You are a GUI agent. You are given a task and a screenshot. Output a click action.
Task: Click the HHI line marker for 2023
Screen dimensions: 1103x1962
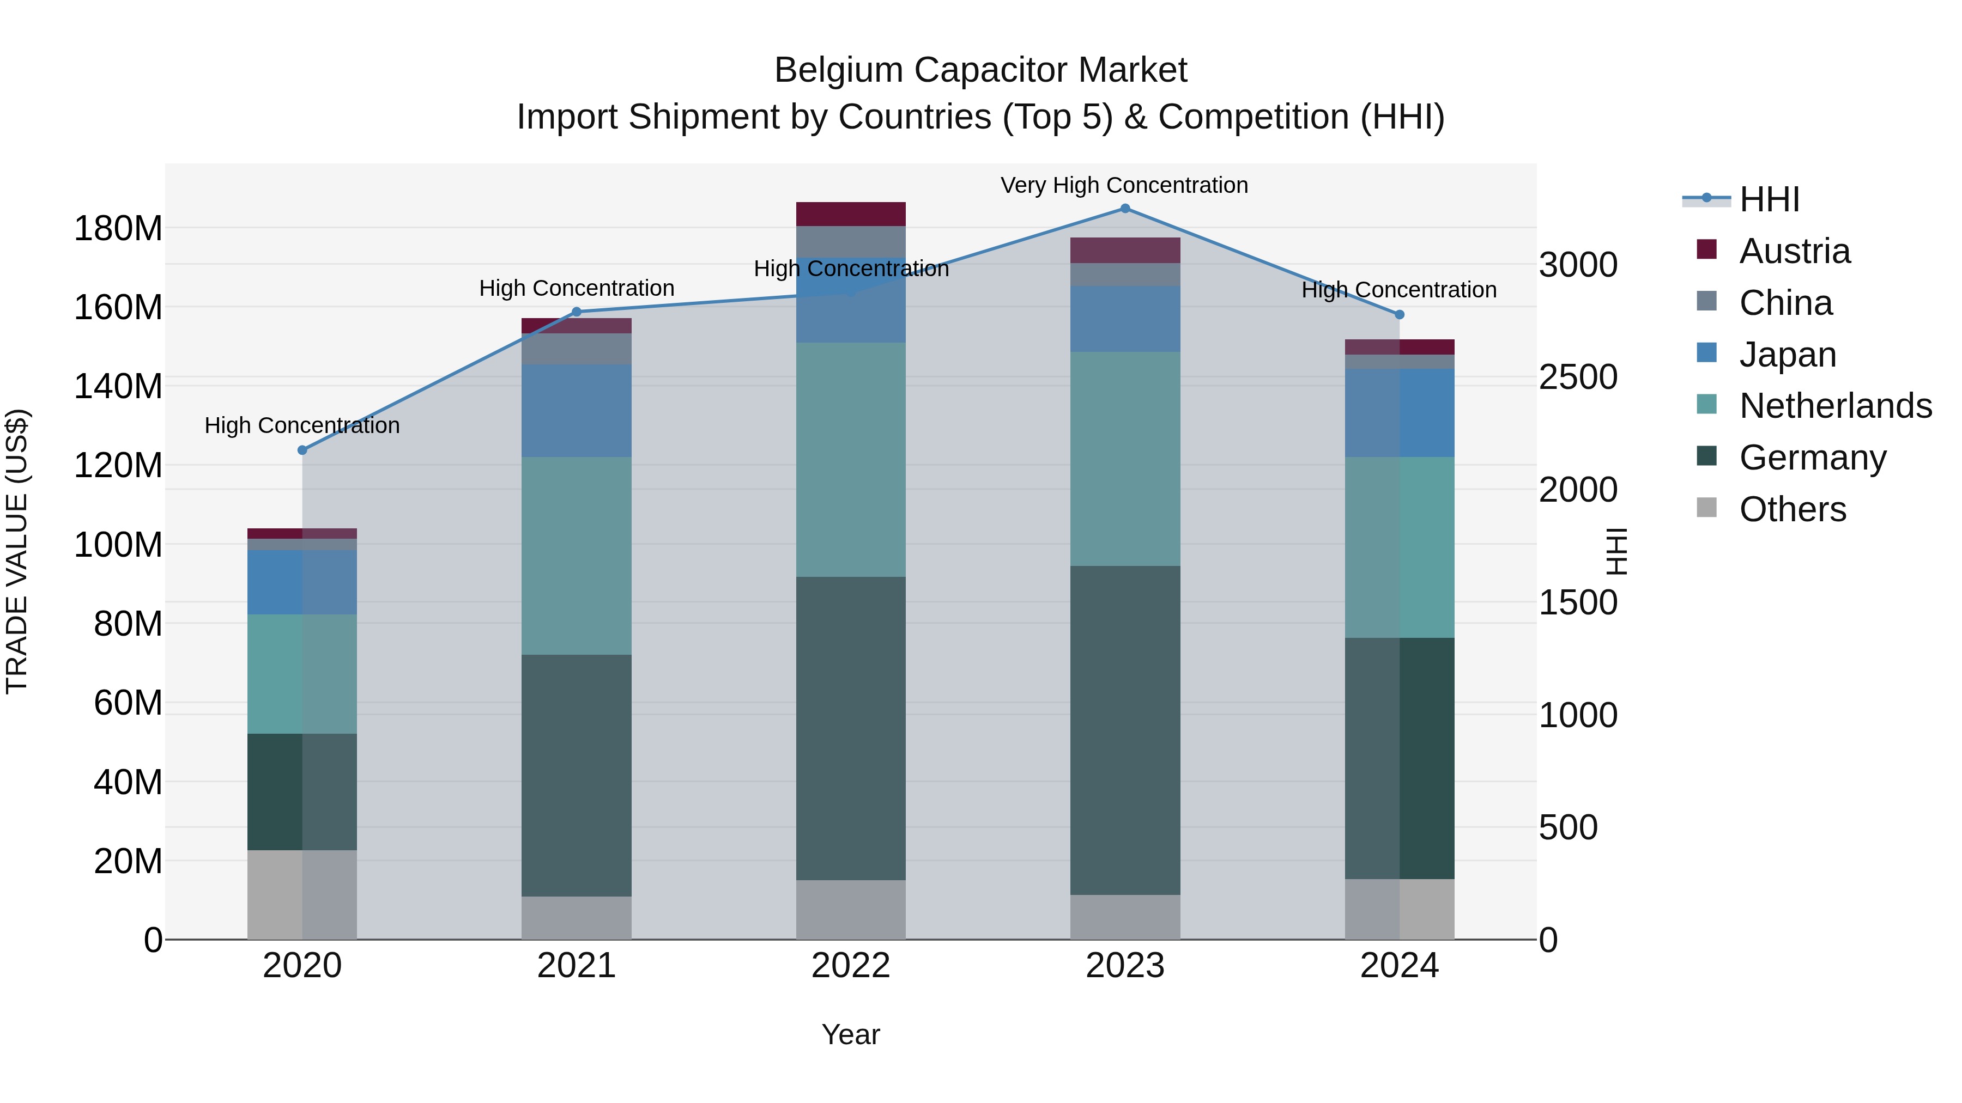point(1125,209)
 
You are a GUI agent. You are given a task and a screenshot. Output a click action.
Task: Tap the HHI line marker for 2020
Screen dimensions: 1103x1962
point(302,450)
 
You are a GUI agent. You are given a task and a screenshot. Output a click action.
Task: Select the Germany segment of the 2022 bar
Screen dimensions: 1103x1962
point(851,728)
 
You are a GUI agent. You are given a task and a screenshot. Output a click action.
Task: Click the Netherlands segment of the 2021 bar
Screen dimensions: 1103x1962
point(577,556)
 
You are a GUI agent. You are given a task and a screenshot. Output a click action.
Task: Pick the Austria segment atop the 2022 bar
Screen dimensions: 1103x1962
point(851,214)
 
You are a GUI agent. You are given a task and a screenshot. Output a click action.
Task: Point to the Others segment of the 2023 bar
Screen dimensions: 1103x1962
point(1125,917)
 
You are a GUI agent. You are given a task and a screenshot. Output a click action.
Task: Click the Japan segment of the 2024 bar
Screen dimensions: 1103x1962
point(1399,412)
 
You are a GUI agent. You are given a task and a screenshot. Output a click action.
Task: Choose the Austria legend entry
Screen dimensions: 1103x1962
point(1794,251)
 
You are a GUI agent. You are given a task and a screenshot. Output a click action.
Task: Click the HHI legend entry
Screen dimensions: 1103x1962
point(1769,199)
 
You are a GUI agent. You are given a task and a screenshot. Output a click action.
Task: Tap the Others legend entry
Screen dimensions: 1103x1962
point(1792,509)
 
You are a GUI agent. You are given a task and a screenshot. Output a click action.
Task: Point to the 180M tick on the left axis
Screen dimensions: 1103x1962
point(118,228)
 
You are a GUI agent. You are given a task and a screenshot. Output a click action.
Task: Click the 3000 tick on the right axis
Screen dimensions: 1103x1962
point(1577,265)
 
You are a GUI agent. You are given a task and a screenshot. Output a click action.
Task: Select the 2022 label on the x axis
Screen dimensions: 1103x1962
point(851,966)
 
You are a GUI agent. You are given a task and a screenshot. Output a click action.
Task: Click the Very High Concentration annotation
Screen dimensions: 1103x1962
point(1124,185)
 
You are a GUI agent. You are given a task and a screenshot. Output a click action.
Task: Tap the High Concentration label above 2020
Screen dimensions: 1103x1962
point(302,425)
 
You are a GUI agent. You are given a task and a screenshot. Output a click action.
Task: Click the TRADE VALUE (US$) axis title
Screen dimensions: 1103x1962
point(17,551)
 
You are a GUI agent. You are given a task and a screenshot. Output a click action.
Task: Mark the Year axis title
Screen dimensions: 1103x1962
point(851,1034)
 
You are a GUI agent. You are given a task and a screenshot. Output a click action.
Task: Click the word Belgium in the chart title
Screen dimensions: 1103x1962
point(839,70)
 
